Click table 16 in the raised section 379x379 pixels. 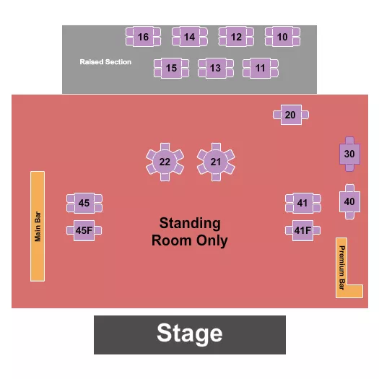[143, 37]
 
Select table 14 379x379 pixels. [189, 37]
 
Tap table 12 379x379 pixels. [236, 37]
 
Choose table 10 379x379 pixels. [282, 37]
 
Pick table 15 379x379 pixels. [171, 69]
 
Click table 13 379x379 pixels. [215, 69]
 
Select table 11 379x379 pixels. [261, 69]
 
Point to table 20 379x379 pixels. [290, 115]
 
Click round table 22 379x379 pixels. [165, 162]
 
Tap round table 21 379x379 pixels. [216, 162]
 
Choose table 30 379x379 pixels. [349, 154]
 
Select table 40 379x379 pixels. [349, 201]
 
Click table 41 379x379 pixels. [302, 204]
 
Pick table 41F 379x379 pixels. [302, 231]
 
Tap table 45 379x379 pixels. [84, 204]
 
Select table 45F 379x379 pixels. [84, 231]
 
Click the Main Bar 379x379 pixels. [38, 226]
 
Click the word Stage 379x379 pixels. [190, 334]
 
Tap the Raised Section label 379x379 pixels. [105, 62]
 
